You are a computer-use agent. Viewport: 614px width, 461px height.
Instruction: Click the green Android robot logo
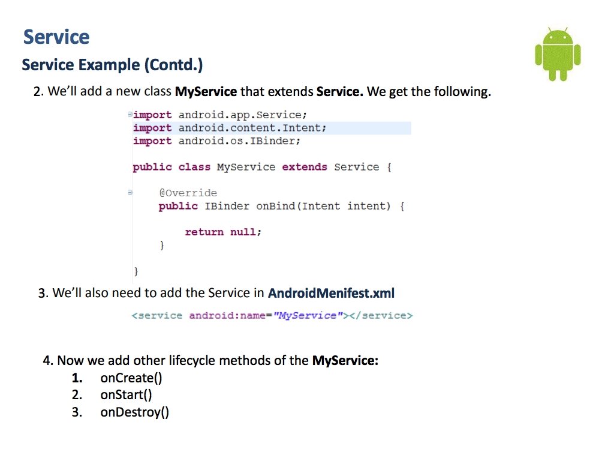[558, 55]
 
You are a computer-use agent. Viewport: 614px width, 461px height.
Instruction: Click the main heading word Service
[56, 37]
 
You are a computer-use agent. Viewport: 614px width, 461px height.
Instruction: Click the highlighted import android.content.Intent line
[230, 128]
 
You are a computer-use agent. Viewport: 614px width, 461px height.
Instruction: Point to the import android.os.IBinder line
[216, 141]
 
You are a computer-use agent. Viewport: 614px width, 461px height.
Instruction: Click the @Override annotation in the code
[188, 193]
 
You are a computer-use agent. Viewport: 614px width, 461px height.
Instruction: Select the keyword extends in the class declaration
[305, 167]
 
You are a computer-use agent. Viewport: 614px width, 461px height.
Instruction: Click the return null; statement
[223, 232]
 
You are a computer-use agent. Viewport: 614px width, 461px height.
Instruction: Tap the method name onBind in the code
[276, 206]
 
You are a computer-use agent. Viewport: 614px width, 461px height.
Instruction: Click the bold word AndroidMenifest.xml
[332, 294]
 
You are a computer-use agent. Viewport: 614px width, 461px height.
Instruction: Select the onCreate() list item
[131, 378]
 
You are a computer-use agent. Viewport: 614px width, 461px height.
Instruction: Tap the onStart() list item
[127, 395]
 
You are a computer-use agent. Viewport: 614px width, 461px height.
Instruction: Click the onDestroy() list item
[134, 412]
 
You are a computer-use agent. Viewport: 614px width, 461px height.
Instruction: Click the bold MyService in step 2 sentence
[206, 92]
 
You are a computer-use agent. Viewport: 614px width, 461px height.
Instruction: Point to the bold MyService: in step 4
[345, 361]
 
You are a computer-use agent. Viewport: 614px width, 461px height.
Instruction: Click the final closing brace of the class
[136, 271]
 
